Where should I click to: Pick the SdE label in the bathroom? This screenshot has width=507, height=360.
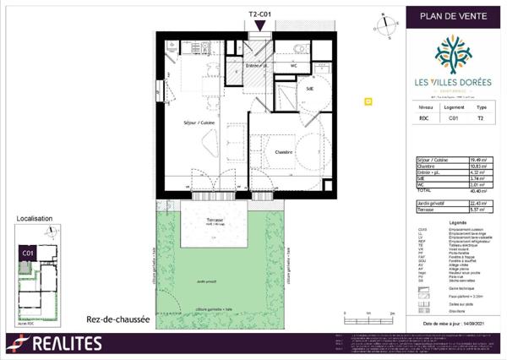[310, 88]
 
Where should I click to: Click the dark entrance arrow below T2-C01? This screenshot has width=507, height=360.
[259, 25]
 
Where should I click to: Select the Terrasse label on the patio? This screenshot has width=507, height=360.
[203, 219]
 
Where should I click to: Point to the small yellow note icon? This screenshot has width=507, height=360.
[368, 101]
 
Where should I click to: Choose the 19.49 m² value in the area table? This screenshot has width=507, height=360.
[478, 159]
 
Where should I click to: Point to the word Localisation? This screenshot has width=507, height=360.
[35, 219]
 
